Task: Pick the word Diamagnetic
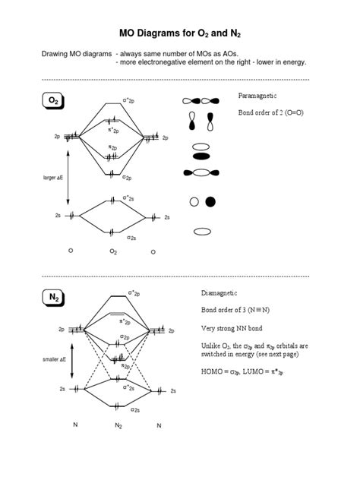[219, 293]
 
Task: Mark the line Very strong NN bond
[236, 329]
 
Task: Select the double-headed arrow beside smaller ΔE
[73, 363]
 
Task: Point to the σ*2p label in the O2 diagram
[128, 100]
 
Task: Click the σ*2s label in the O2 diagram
[128, 197]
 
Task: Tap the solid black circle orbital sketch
[210, 202]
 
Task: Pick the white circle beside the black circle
[194, 202]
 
